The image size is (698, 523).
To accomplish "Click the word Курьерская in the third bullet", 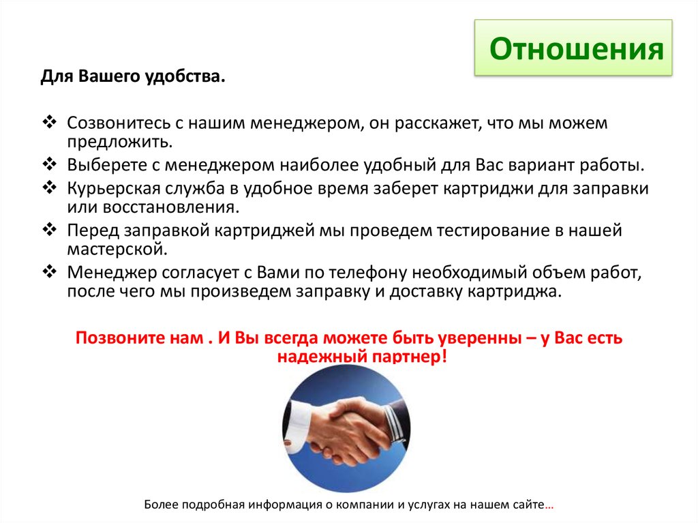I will point(108,188).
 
